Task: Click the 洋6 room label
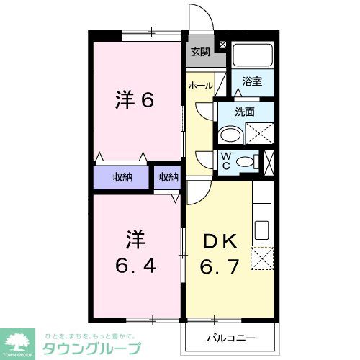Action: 135,100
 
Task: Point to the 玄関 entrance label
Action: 200,51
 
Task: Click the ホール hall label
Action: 200,86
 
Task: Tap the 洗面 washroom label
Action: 246,112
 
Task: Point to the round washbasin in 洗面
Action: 231,135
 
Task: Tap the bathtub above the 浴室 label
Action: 253,57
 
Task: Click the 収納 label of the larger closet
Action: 122,178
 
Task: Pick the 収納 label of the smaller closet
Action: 168,178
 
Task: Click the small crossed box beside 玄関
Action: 222,45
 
